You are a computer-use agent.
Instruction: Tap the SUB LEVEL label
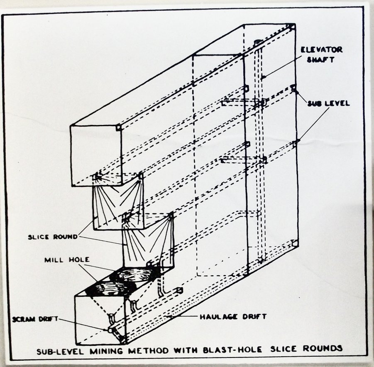tap(328, 103)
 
